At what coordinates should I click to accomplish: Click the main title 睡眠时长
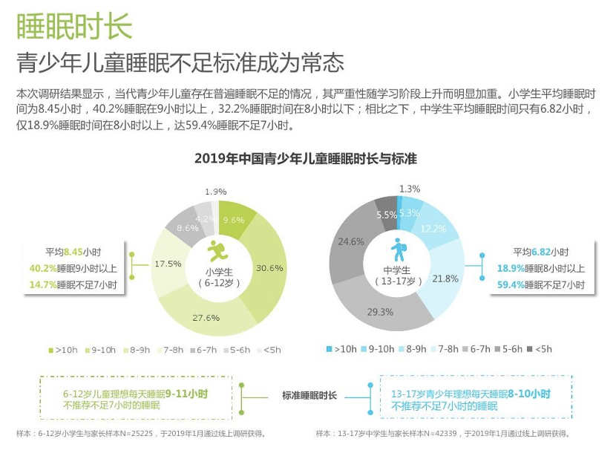coord(74,26)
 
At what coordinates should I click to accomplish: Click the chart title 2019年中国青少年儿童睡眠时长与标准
coord(305,159)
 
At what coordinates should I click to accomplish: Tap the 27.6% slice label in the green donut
coord(206,318)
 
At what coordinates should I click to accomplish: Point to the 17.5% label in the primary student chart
coord(167,264)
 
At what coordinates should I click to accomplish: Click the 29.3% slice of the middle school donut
coord(380,312)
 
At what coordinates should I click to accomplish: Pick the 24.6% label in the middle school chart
coord(350,241)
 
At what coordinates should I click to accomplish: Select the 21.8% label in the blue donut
coord(445,278)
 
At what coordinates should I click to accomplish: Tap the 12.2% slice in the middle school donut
coord(433,228)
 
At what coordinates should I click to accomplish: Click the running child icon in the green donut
coord(218,250)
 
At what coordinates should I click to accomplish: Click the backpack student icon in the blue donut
coord(399,250)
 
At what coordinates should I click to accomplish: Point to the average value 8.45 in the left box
coord(73,252)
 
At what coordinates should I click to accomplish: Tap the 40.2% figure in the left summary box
coord(43,268)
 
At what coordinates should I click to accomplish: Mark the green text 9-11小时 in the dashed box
coord(186,394)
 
